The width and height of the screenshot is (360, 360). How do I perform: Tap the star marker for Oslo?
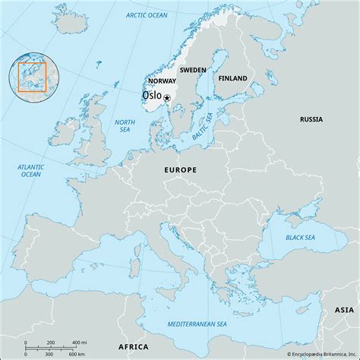coord(167,98)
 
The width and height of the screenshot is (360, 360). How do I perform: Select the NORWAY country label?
coord(162,81)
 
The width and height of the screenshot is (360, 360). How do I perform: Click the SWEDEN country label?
coord(193,69)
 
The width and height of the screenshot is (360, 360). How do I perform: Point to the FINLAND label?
coord(232,78)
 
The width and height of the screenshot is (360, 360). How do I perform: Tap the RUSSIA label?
coord(311,119)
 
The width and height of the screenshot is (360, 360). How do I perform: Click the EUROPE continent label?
coord(181,171)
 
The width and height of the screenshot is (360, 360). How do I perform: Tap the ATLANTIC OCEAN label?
coord(30,170)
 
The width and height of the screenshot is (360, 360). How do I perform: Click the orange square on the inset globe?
coord(33,77)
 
